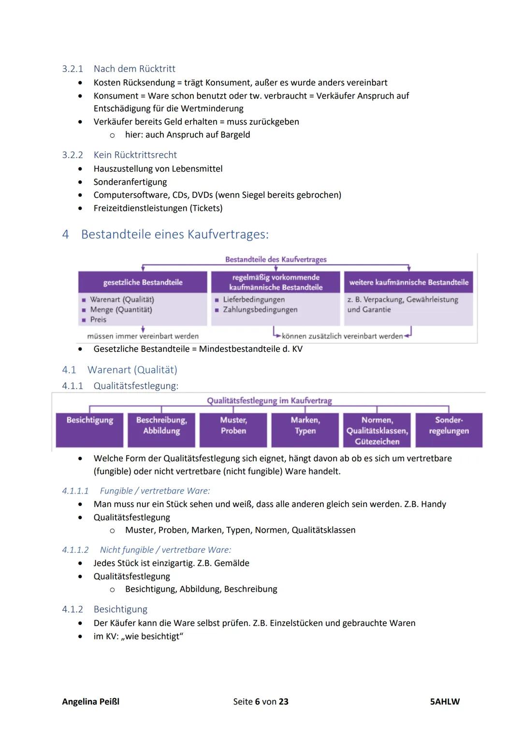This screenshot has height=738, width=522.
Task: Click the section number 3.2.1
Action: (72, 69)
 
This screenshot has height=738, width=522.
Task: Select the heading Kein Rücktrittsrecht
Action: (135, 155)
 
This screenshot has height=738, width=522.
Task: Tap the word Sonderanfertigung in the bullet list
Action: (130, 182)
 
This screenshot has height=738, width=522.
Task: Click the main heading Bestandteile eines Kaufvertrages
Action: (174, 234)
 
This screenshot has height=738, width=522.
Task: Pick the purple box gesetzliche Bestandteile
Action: (143, 282)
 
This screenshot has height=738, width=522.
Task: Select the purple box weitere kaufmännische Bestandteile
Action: (408, 282)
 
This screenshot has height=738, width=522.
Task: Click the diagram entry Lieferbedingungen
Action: (253, 300)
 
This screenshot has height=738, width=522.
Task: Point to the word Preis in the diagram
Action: (98, 319)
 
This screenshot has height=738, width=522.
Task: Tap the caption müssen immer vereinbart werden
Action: (143, 336)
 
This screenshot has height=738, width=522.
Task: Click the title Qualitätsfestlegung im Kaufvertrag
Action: (269, 401)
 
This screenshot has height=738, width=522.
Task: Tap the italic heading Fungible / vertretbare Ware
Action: (155, 491)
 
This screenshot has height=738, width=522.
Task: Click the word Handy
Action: (433, 504)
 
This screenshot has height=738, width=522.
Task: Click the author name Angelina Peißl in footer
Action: (90, 701)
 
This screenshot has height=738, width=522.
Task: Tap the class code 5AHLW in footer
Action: (445, 701)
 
